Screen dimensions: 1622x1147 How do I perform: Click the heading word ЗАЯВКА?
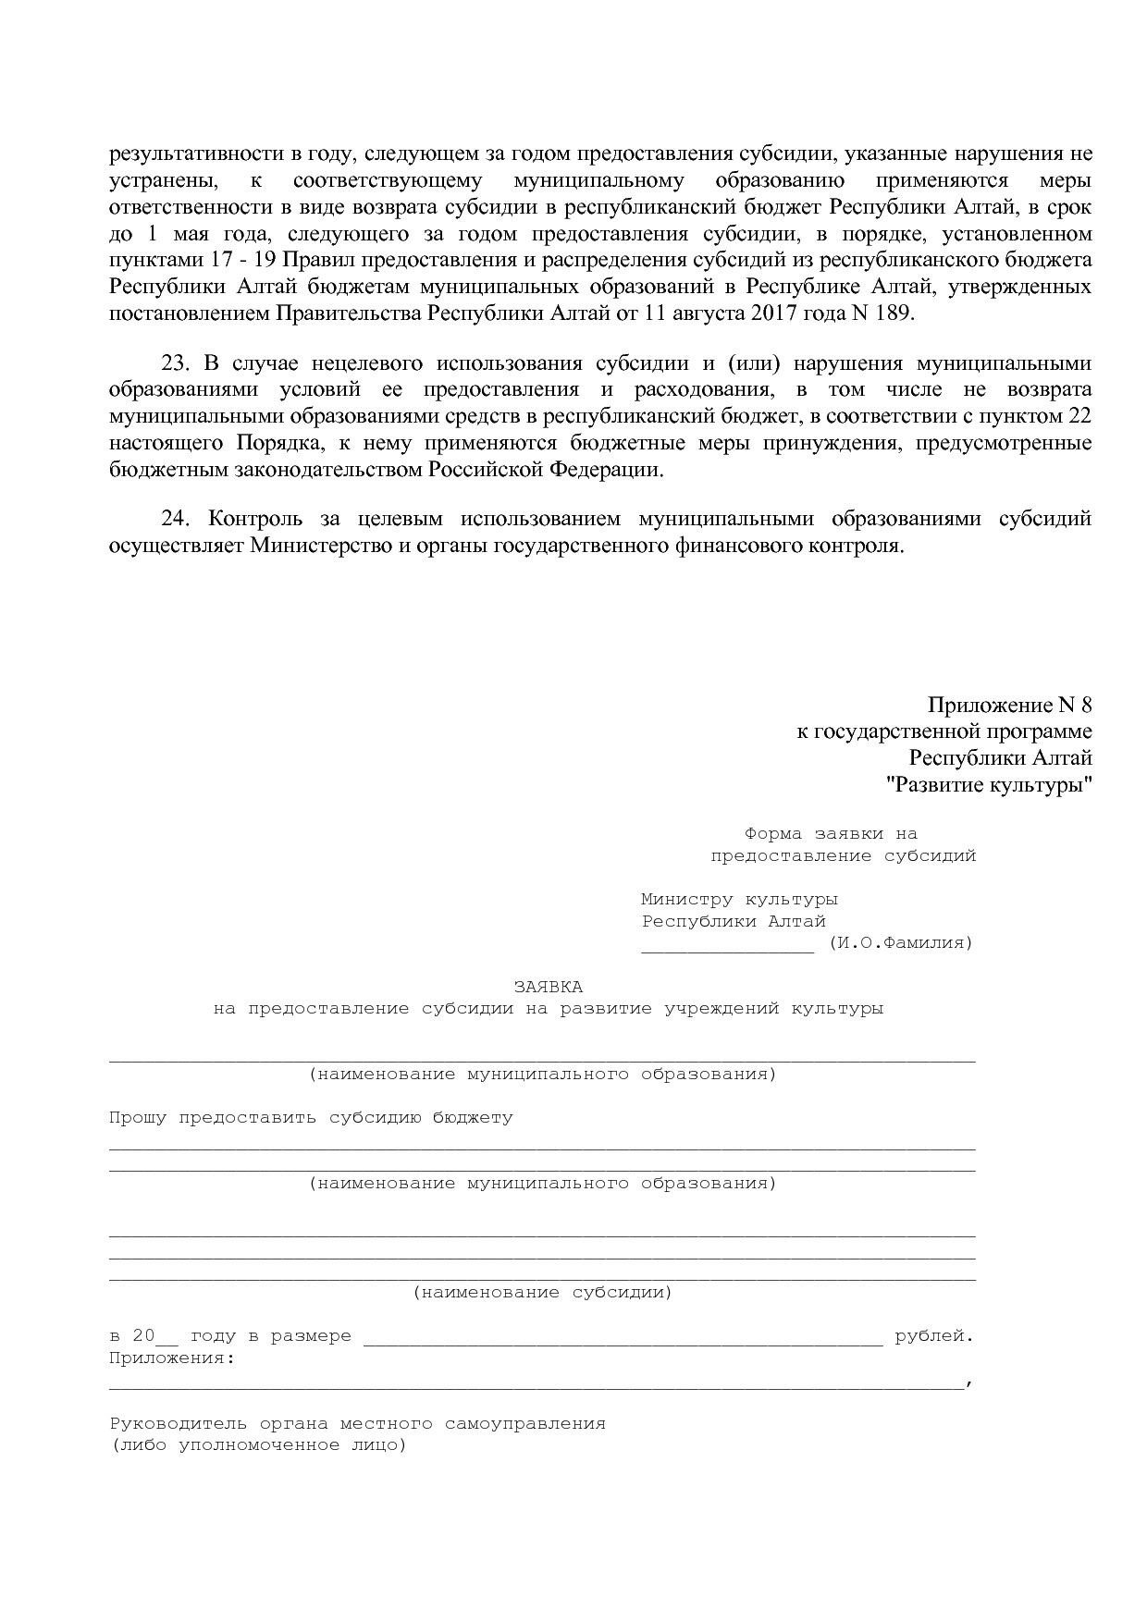pyautogui.click(x=548, y=987)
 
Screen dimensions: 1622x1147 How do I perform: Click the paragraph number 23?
pyautogui.click(x=175, y=362)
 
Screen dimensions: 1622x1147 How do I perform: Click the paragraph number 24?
pyautogui.click(x=175, y=518)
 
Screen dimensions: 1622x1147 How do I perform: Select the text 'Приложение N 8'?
pyautogui.click(x=1009, y=706)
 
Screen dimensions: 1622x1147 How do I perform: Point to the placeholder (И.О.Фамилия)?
pyautogui.click(x=900, y=943)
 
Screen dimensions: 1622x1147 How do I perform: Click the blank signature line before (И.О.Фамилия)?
pyautogui.click(x=727, y=945)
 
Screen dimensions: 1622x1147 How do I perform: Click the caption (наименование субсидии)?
pyautogui.click(x=542, y=1292)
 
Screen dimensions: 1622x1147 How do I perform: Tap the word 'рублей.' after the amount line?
pyautogui.click(x=934, y=1336)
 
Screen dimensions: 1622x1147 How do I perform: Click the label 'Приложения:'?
pyautogui.click(x=171, y=1358)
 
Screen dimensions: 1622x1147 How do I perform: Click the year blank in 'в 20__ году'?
pyautogui.click(x=167, y=1338)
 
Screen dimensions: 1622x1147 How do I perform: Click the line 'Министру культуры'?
pyautogui.click(x=739, y=899)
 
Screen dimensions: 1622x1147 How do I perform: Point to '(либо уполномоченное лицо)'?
pyautogui.click(x=258, y=1445)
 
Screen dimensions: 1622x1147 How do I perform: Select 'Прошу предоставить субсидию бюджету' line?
pyautogui.click(x=311, y=1117)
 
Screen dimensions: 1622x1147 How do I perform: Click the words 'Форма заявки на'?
pyautogui.click(x=830, y=834)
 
